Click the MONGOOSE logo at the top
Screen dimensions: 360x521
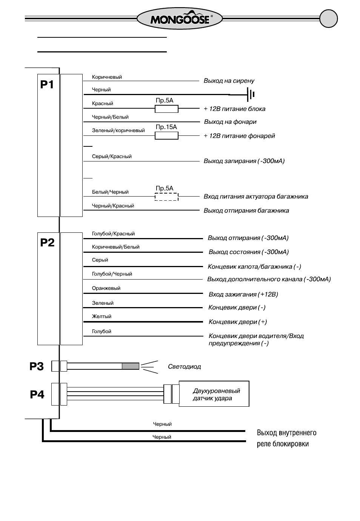pyautogui.click(x=179, y=18)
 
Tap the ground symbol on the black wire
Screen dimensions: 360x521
pyautogui.click(x=251, y=94)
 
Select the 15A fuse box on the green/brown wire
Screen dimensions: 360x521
pyautogui.click(x=166, y=135)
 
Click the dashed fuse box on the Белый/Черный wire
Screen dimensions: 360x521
pyautogui.click(x=166, y=197)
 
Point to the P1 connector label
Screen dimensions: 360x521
pyautogui.click(x=47, y=85)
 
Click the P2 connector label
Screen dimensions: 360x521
pyautogui.click(x=47, y=243)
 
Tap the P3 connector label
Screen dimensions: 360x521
pyautogui.click(x=37, y=366)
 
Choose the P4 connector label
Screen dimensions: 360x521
pyautogui.click(x=37, y=395)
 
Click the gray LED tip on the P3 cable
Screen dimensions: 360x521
pyautogui.click(x=131, y=366)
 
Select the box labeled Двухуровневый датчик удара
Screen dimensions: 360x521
pyautogui.click(x=214, y=393)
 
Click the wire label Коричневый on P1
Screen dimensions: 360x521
pyautogui.click(x=107, y=77)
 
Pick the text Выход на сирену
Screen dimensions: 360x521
pyautogui.click(x=229, y=81)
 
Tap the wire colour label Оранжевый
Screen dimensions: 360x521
pyautogui.click(x=106, y=288)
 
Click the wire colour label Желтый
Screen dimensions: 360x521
pyautogui.click(x=102, y=316)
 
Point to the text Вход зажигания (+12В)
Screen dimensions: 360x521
pyautogui.click(x=243, y=295)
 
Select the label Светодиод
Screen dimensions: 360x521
pyautogui.click(x=184, y=367)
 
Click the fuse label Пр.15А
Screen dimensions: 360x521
pyautogui.click(x=166, y=127)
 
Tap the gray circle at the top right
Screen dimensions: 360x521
pyautogui.click(x=329, y=18)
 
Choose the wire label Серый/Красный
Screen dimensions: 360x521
pyautogui.click(x=112, y=156)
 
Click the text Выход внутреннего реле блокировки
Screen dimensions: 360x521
pyautogui.click(x=286, y=438)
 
